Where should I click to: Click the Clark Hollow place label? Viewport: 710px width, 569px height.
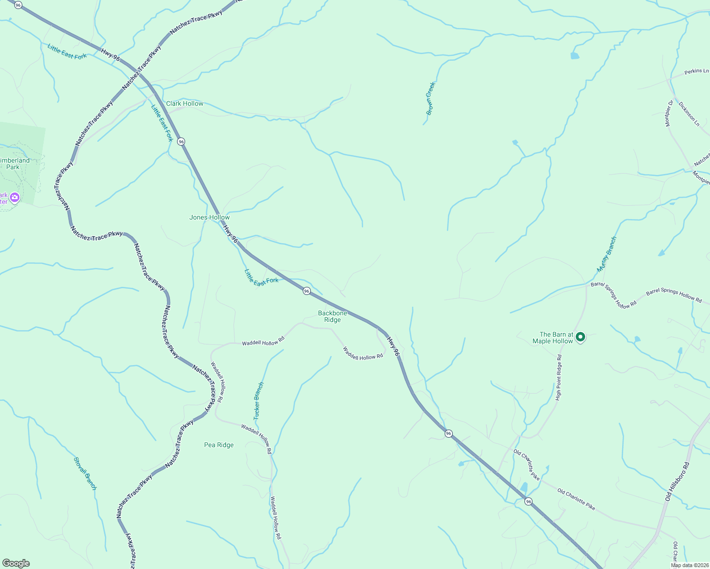[185, 103]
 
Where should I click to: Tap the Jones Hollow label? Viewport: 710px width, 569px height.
[209, 217]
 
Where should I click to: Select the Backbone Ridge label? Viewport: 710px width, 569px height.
[332, 316]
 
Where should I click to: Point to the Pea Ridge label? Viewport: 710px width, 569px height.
[219, 445]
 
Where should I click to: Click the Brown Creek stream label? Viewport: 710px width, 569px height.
[430, 99]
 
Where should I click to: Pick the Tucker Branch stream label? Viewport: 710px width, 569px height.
[259, 401]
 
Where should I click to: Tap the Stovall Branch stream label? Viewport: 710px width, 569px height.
[85, 473]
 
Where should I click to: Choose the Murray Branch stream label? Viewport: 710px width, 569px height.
[607, 254]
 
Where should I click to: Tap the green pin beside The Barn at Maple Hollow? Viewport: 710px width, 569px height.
[580, 337]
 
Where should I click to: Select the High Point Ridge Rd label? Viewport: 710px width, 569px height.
[559, 377]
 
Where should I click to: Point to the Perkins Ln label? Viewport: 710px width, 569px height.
[696, 71]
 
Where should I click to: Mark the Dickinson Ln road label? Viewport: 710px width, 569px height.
[689, 113]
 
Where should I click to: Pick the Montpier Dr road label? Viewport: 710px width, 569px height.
[669, 113]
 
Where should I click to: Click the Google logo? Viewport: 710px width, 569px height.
[16, 563]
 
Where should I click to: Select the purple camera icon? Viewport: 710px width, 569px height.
[15, 197]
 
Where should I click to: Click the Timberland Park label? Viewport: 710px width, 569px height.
[14, 164]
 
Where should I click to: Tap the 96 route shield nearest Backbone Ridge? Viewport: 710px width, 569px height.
[307, 291]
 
